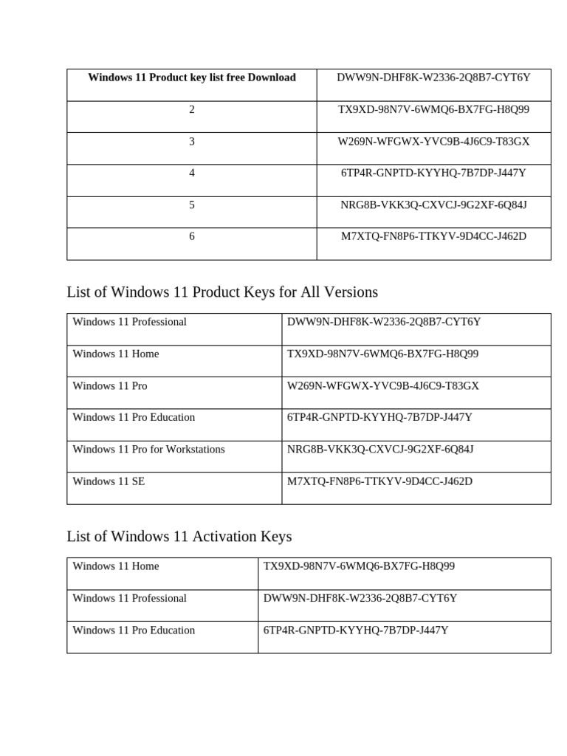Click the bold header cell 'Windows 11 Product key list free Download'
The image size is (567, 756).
click(192, 78)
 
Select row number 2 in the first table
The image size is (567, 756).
click(192, 109)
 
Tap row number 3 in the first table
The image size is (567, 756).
click(192, 141)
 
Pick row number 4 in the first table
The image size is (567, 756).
click(192, 173)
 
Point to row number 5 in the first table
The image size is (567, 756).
click(192, 205)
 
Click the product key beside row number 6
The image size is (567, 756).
click(433, 236)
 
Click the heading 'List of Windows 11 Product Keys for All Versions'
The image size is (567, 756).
click(222, 292)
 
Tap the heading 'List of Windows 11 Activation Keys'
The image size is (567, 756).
click(179, 536)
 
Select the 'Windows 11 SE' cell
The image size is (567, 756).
click(109, 481)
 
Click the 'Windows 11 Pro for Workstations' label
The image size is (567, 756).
click(148, 450)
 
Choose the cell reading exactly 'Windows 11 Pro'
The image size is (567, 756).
click(110, 386)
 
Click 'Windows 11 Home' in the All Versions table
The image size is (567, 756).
click(116, 354)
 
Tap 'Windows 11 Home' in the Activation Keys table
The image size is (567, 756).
click(116, 566)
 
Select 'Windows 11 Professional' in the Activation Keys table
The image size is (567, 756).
click(130, 598)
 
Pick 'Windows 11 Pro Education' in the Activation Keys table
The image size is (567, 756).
click(134, 630)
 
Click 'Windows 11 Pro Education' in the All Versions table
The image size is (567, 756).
click(134, 418)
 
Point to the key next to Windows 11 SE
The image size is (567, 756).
click(379, 481)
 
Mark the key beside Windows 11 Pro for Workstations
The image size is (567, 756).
click(380, 450)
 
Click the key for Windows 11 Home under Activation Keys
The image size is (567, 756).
click(359, 566)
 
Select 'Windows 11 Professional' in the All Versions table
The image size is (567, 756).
click(130, 322)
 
